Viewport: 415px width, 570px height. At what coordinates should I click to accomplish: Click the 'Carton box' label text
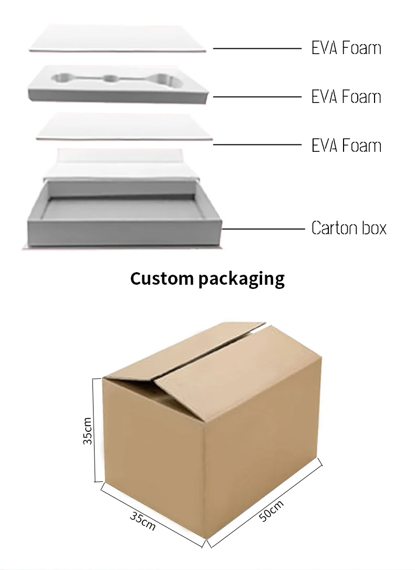click(x=349, y=229)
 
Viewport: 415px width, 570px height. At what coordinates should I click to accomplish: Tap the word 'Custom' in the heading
click(x=162, y=278)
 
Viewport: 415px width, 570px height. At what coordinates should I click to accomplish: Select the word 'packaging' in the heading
click(x=242, y=279)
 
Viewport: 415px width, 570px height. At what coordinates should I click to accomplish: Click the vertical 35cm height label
click(x=88, y=431)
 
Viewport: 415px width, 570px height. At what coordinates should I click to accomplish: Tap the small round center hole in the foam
click(x=110, y=79)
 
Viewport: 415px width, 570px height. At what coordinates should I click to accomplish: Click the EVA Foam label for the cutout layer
click(x=346, y=97)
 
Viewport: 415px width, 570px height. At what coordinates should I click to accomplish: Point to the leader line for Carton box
click(x=263, y=229)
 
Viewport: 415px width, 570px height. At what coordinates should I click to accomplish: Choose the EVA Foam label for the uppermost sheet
click(x=346, y=48)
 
